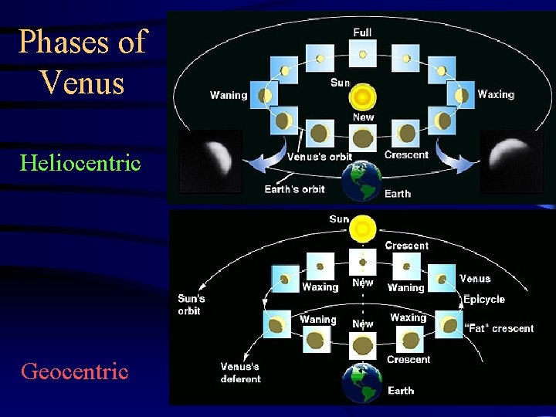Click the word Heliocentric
80,163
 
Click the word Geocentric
75,371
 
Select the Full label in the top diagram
362,32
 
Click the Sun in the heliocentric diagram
362,97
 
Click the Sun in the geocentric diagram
361,229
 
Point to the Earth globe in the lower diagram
362,384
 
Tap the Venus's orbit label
319,157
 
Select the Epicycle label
483,299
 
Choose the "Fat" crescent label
500,328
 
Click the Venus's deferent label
240,372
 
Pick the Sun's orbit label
192,304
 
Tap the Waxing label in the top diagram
496,94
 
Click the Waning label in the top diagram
229,96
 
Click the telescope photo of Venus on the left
210,161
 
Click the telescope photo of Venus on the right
511,161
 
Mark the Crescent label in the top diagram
406,154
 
